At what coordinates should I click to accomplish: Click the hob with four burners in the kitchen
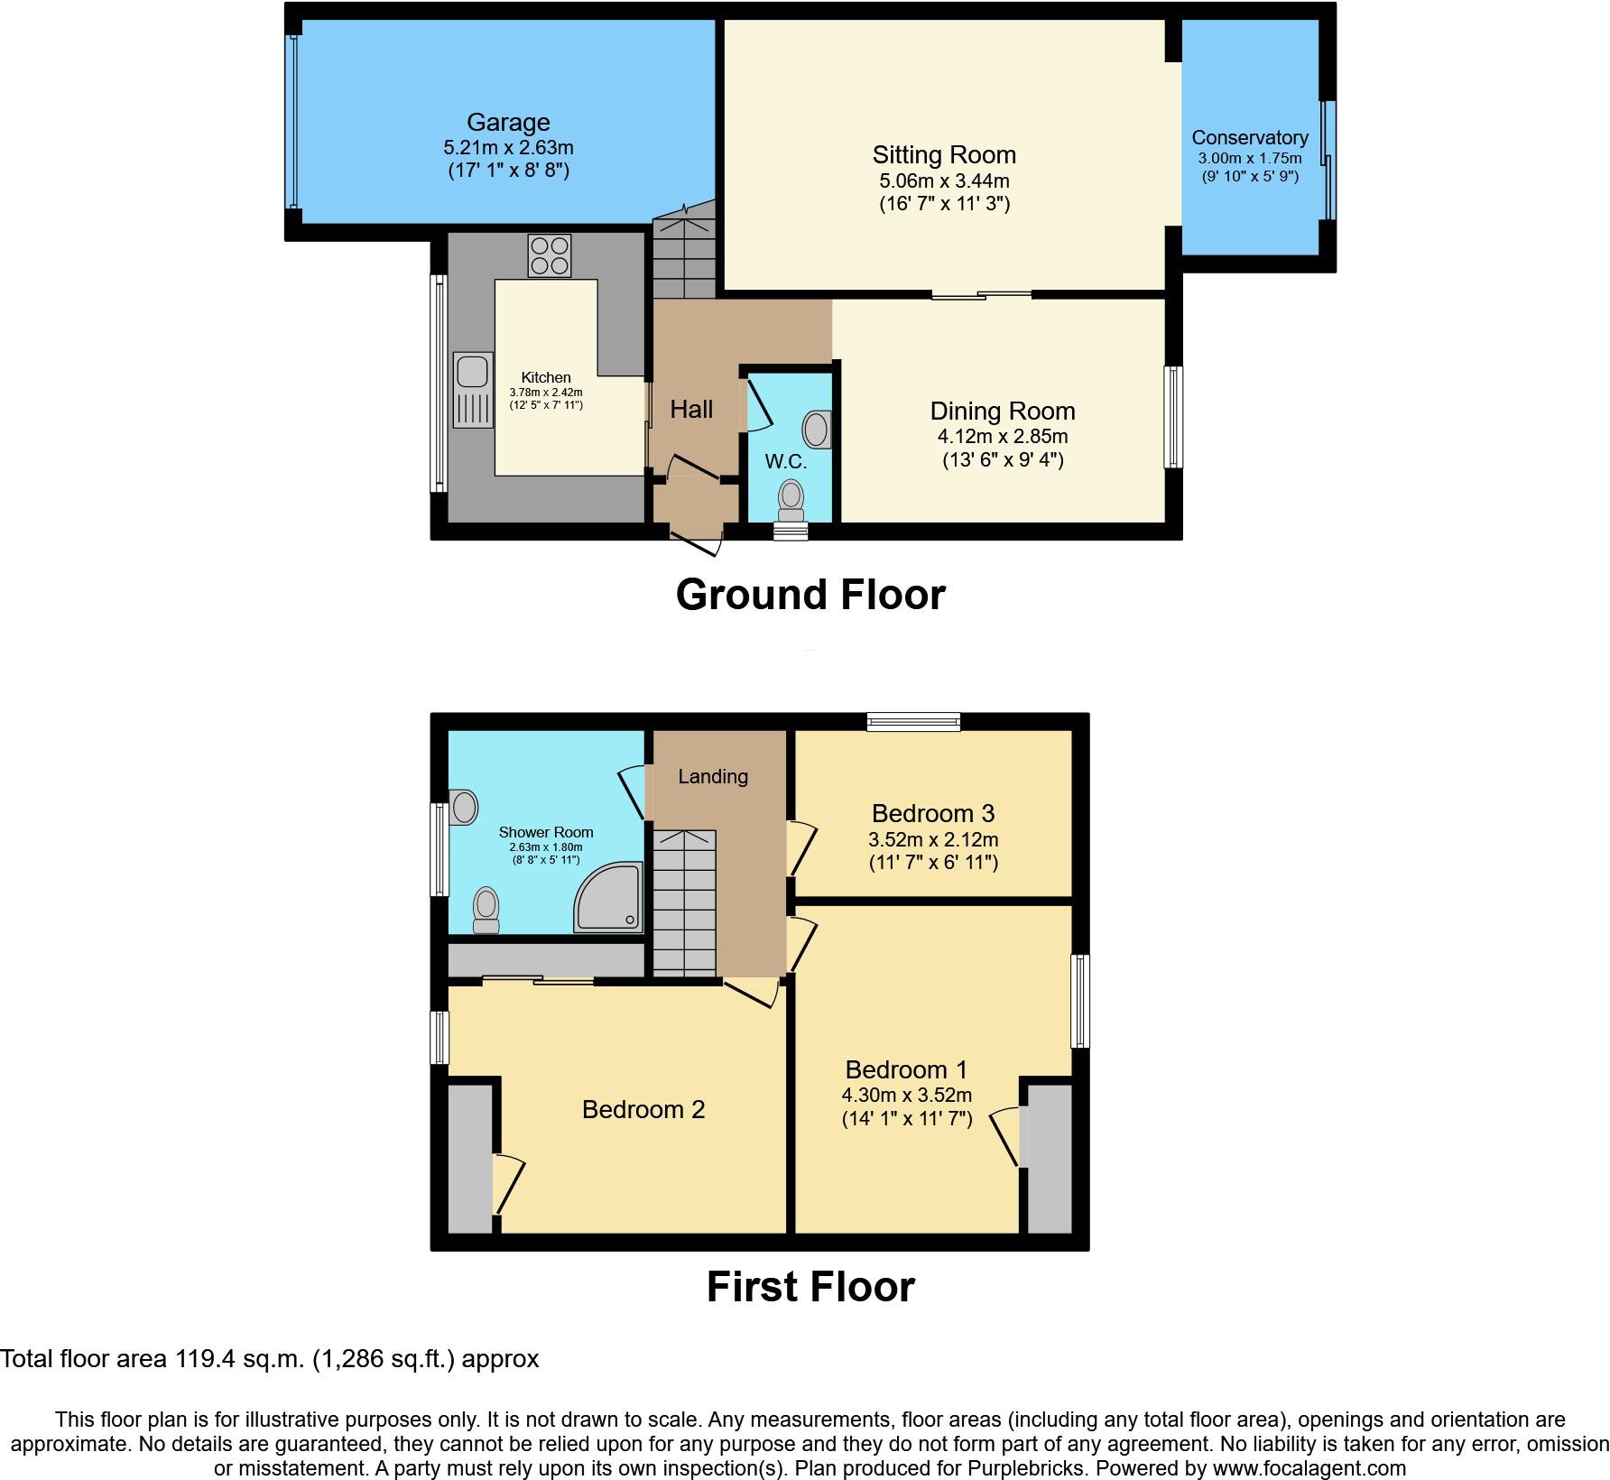pyautogui.click(x=549, y=255)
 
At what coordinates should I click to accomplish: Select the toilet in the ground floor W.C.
pyautogui.click(x=791, y=500)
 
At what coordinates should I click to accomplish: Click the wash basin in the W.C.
pyautogui.click(x=816, y=430)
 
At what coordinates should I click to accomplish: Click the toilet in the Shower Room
pyautogui.click(x=486, y=909)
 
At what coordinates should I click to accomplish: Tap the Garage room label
pyautogui.click(x=508, y=122)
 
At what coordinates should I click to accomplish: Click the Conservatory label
pyautogui.click(x=1249, y=137)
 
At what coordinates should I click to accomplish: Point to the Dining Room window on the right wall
pyautogui.click(x=1173, y=417)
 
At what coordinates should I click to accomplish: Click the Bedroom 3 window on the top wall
pyautogui.click(x=913, y=720)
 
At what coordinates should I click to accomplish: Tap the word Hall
pyautogui.click(x=691, y=410)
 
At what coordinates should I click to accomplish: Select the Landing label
pyautogui.click(x=713, y=776)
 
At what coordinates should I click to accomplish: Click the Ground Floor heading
pyautogui.click(x=810, y=595)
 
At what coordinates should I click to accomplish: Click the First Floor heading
pyautogui.click(x=810, y=1286)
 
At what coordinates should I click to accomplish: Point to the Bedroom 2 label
pyautogui.click(x=643, y=1109)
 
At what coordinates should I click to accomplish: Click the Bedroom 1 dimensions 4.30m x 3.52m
pyautogui.click(x=906, y=1096)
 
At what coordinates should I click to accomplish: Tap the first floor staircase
pyautogui.click(x=684, y=902)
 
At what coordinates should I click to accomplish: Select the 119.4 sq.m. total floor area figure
pyautogui.click(x=239, y=1359)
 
